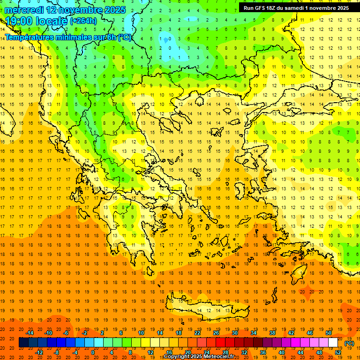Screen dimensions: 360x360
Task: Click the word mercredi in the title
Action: point(24,10)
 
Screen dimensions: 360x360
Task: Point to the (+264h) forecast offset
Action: point(83,21)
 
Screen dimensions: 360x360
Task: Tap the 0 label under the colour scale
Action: point(92,352)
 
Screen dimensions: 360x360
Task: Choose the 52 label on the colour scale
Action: point(338,352)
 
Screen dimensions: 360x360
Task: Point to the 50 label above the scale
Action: point(328,333)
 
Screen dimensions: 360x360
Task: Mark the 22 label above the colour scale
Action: point(197,333)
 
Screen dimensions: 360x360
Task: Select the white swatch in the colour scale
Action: point(333,342)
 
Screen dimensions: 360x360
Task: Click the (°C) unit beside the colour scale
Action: point(349,343)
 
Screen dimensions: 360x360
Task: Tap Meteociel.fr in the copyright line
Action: point(219,357)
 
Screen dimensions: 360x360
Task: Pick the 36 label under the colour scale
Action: point(263,352)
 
